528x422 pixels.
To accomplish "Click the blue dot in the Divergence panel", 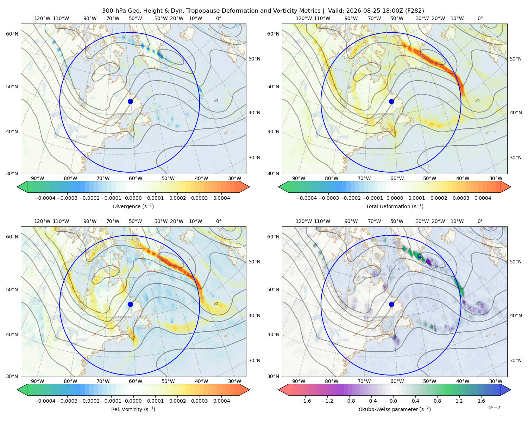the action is [130, 102].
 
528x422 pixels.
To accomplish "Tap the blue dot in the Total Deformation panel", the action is [391, 102].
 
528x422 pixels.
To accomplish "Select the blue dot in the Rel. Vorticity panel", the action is [130, 304].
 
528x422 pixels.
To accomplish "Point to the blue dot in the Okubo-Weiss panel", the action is [391, 304].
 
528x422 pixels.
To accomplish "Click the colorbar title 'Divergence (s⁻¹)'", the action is [133, 206].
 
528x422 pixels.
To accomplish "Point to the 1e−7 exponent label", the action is [494, 408].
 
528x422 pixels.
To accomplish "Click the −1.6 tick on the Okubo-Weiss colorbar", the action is [305, 401].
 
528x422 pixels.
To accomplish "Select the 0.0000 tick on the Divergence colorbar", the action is [133, 198].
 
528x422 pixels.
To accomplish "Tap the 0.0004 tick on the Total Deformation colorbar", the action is [483, 198].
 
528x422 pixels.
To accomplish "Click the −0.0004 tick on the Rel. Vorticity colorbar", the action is [45, 401].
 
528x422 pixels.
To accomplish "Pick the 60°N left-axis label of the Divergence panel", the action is [12, 34].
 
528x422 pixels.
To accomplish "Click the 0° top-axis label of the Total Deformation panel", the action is [480, 18].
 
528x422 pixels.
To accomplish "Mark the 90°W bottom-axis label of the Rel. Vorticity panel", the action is [38, 381].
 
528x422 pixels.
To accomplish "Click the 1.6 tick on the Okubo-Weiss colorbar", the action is [481, 401].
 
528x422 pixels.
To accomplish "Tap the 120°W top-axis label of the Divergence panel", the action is [42, 18].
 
